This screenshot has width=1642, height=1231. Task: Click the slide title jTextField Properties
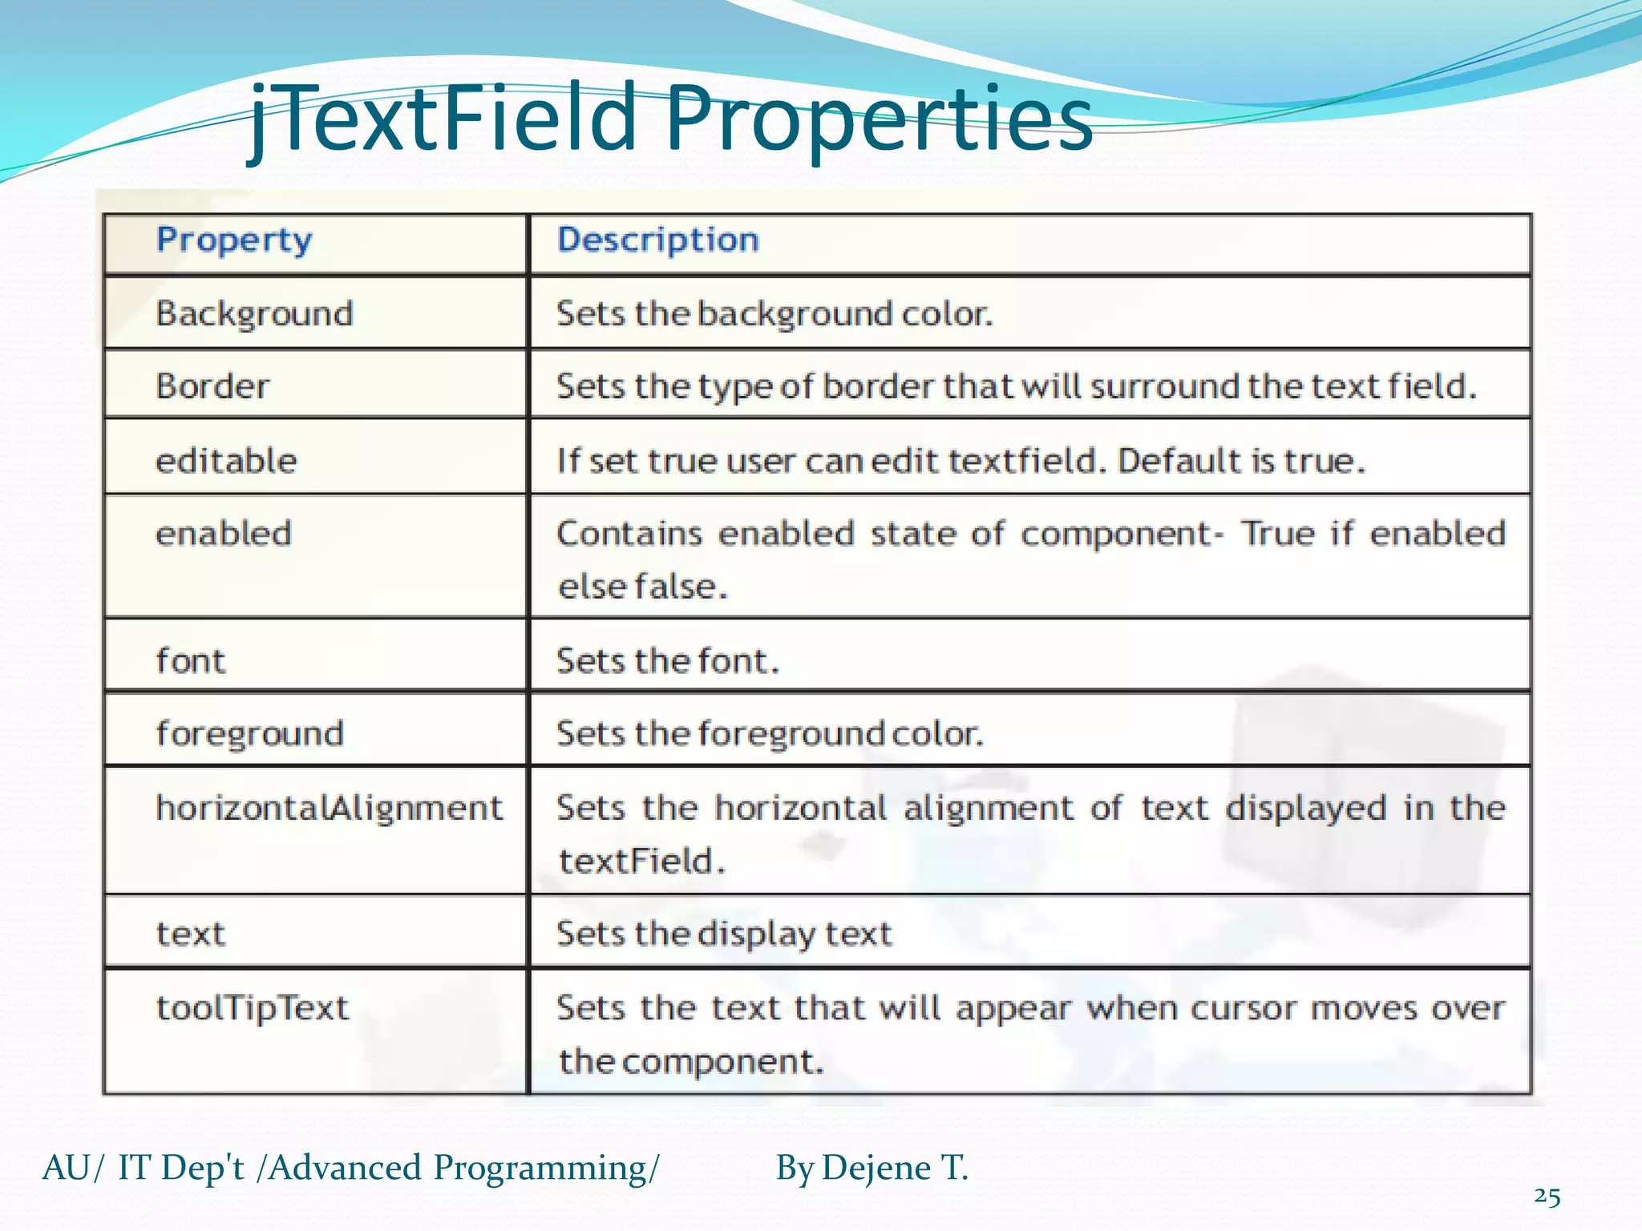point(672,120)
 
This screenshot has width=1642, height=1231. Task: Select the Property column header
point(234,240)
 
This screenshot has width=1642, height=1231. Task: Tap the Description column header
point(657,240)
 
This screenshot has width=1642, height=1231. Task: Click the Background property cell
point(254,313)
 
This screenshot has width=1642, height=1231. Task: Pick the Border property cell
point(212,386)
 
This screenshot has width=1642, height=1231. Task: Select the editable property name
point(226,461)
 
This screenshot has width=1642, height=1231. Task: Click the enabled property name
point(223,534)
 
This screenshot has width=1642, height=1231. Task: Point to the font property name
point(191,661)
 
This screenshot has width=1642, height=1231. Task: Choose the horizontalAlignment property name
point(329,808)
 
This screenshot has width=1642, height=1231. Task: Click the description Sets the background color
point(774,313)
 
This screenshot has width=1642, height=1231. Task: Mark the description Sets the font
point(667,661)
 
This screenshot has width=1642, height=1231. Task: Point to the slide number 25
point(1547,1197)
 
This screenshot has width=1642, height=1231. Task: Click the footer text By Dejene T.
point(872,1168)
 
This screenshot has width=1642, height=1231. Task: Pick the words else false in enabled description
point(643,587)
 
